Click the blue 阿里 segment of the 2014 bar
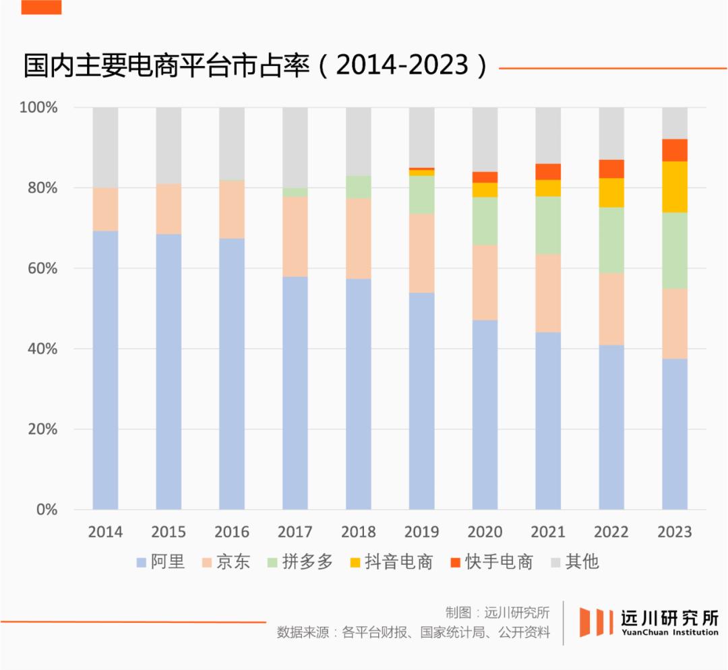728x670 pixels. (105, 370)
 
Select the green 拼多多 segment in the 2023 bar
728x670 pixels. (675, 250)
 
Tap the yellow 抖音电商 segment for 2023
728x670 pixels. (675, 187)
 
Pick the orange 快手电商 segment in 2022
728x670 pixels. (611, 169)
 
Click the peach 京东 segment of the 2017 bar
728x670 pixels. (295, 237)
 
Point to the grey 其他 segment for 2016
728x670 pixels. (232, 144)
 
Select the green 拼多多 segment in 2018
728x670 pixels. (359, 187)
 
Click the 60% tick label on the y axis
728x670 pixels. (42, 268)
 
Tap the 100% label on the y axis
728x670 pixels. (38, 108)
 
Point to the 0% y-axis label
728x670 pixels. (47, 510)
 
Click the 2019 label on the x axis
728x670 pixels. (421, 532)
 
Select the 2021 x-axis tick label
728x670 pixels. (548, 532)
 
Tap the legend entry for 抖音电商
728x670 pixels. (391, 561)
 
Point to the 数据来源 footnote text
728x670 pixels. (413, 633)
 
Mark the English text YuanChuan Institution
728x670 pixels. (670, 632)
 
